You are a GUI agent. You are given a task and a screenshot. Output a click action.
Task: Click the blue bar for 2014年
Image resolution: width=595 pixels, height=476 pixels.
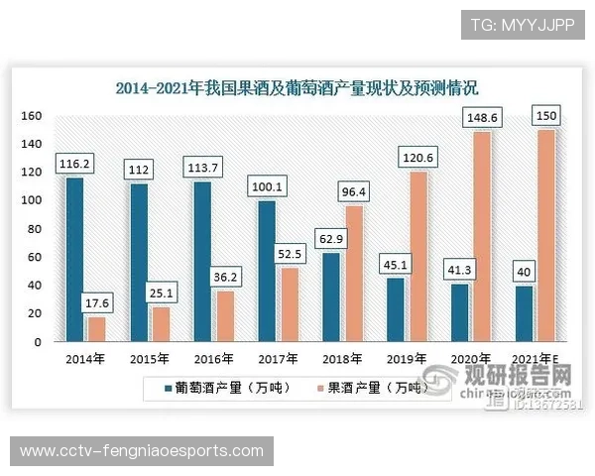click(74, 259)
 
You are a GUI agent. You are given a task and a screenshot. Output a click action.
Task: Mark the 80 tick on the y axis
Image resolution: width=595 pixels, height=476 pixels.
click(33, 229)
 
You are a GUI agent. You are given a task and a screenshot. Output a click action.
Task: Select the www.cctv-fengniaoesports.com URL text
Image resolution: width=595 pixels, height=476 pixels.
click(142, 451)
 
